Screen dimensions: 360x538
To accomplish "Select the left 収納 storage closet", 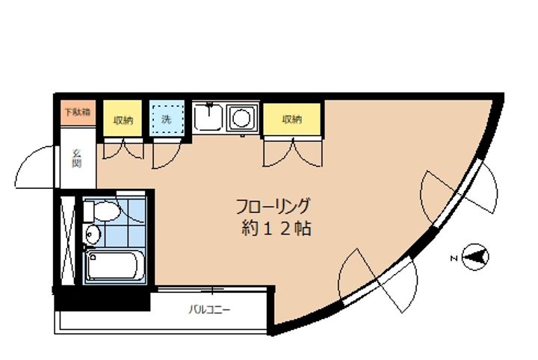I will (123, 120).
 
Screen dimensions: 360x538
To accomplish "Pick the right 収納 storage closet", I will (292, 120).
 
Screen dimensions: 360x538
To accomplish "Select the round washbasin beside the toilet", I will (92, 235).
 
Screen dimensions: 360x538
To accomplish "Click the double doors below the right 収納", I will (292, 154).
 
